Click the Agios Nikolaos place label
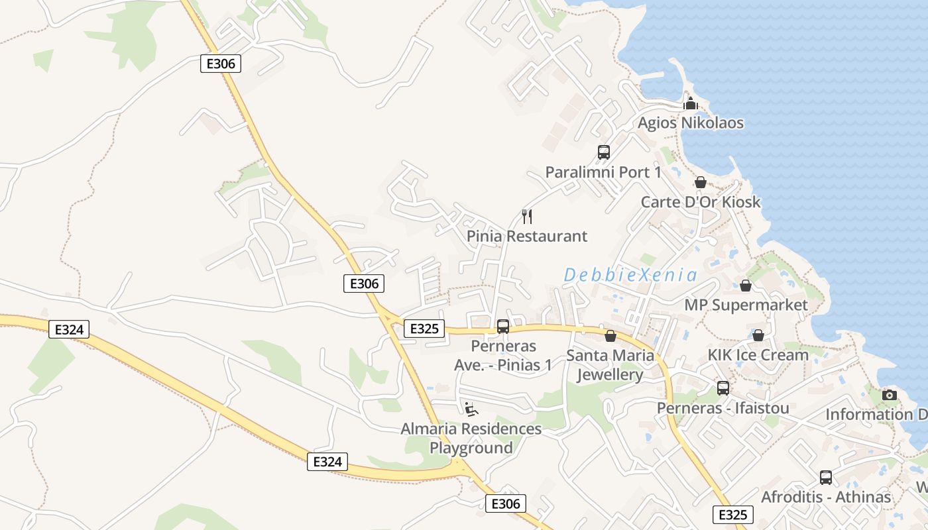[690, 123]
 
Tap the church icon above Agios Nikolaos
[691, 103]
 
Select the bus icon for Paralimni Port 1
[603, 152]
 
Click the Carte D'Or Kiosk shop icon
[701, 182]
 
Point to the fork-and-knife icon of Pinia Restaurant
[527, 216]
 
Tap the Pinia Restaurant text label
[527, 237]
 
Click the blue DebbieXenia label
[630, 275]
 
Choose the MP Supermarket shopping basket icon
[746, 286]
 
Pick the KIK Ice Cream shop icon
[758, 335]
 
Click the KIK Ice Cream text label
[758, 355]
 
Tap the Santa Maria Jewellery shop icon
[610, 336]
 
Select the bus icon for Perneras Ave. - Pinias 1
[503, 326]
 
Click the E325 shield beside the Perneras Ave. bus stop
[424, 329]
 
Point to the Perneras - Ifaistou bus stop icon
[723, 388]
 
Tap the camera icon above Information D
[890, 395]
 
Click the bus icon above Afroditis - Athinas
[826, 477]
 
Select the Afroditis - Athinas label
[826, 497]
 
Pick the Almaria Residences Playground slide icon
[471, 409]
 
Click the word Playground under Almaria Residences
[471, 448]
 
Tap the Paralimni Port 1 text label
[603, 172]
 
